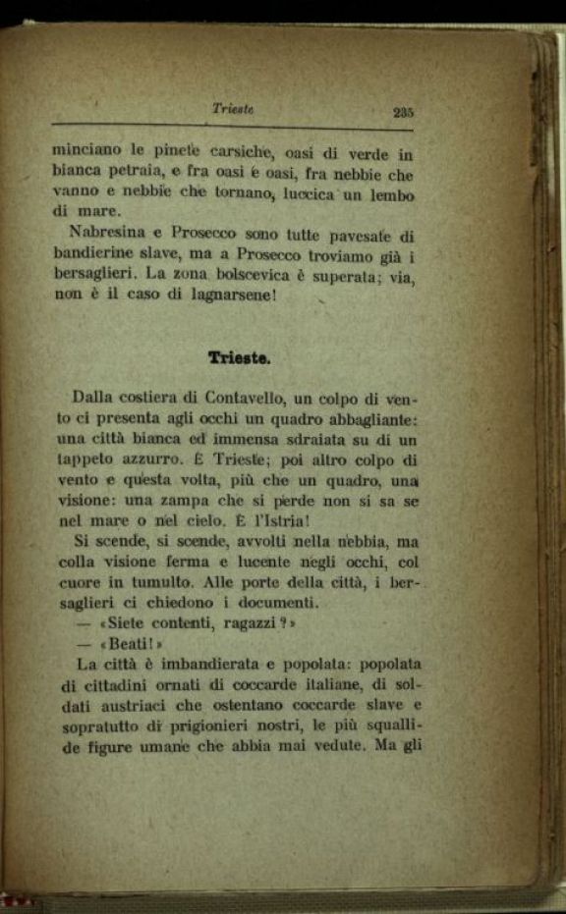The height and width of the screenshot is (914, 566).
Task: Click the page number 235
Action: (x=402, y=113)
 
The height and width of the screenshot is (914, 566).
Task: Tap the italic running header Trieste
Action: (x=233, y=109)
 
